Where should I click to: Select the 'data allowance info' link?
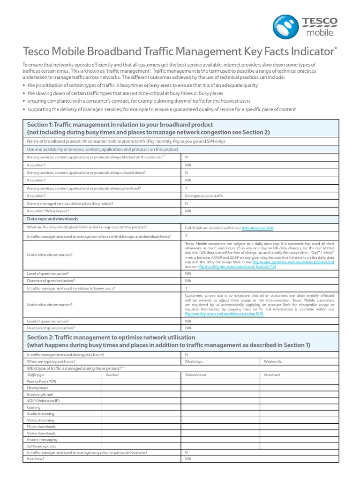[x=257, y=228]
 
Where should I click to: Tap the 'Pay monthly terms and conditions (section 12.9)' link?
[x=224, y=314]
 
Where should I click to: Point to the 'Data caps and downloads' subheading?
[x=52, y=219]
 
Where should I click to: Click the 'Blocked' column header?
[x=112, y=375]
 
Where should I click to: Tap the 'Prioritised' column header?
[x=272, y=375]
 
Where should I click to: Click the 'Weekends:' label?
[x=273, y=362]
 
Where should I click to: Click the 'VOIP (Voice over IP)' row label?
[x=43, y=401]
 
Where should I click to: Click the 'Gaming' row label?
[x=34, y=407]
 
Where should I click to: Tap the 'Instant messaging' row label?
[x=42, y=440]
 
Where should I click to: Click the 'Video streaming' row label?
[x=41, y=420]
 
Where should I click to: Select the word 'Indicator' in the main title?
[x=309, y=51]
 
